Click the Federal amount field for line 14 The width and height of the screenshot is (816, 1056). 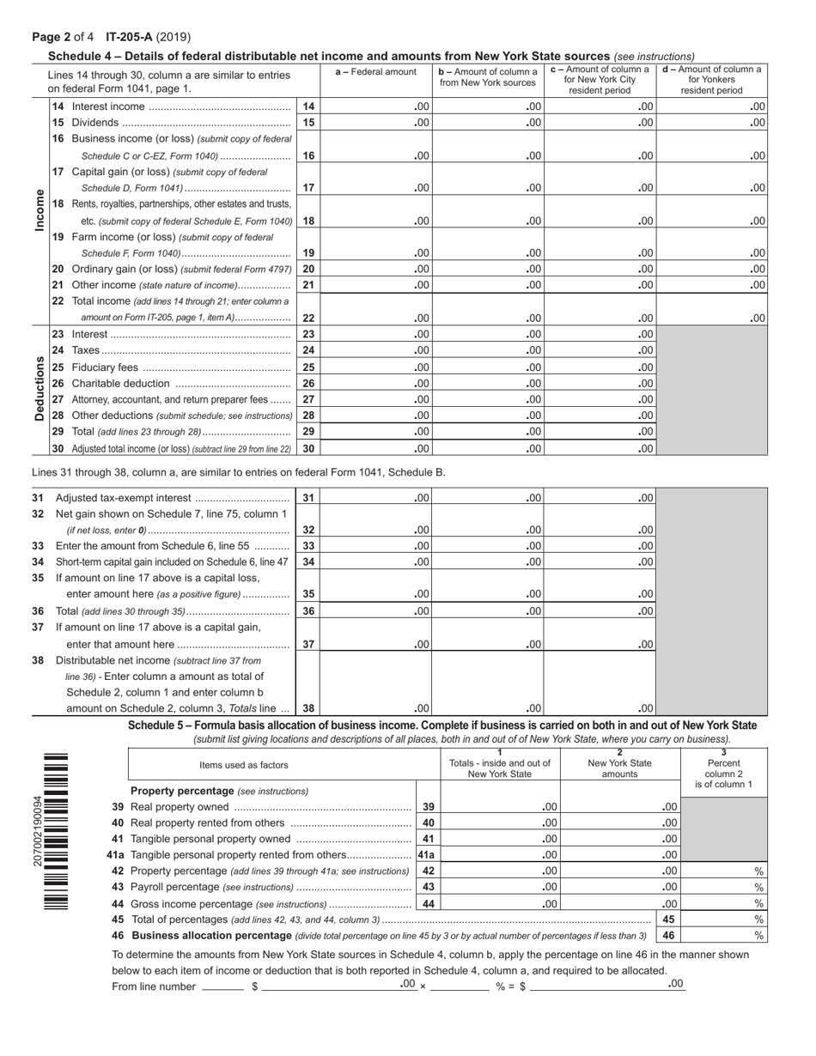point(375,106)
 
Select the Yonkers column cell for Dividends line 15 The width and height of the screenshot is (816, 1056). point(712,123)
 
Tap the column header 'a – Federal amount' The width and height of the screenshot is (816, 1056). point(375,72)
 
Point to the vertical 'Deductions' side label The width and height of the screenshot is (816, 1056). point(40,389)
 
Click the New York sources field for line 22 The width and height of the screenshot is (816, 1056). point(487,318)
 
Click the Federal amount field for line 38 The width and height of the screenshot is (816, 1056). point(375,709)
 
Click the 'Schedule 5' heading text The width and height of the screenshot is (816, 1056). point(441,725)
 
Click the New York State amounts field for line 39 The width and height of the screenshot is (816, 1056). point(620,807)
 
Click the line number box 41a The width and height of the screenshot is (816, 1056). point(427,855)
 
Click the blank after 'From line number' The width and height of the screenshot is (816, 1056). point(222,986)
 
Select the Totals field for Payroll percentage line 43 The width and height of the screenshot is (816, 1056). point(500,887)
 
